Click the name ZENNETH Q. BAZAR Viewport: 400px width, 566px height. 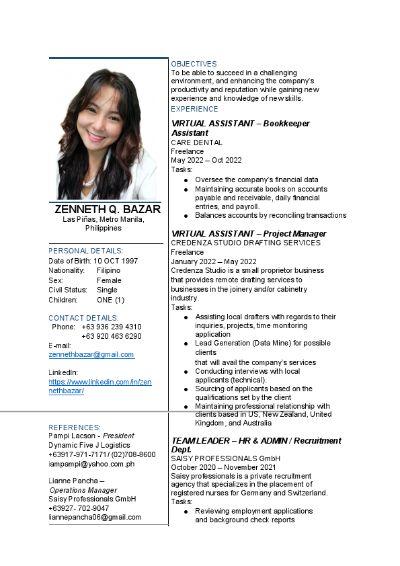coord(108,209)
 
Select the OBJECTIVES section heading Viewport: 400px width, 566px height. coord(194,64)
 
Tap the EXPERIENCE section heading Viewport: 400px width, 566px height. coord(194,109)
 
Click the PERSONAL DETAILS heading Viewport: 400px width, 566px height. coord(85,251)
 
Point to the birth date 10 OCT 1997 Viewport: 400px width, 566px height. coord(116,261)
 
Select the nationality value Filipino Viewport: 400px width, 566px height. coord(109,270)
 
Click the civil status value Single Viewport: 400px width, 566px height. coord(108,290)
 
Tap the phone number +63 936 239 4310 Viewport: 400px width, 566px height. coord(111,327)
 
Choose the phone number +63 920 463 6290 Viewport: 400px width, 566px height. coord(111,336)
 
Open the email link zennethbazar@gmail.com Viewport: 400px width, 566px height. coord(91,354)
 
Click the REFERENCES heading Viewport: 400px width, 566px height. coord(75,428)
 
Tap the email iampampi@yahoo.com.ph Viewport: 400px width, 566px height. coord(91,464)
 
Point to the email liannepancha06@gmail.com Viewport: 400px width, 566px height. coord(95,517)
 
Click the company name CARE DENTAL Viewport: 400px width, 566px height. coord(196,143)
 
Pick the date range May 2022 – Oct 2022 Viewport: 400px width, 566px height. coord(206,160)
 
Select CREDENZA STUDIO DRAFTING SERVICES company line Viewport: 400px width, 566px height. coord(245,243)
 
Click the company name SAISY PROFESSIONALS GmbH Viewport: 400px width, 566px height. coord(225,458)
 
